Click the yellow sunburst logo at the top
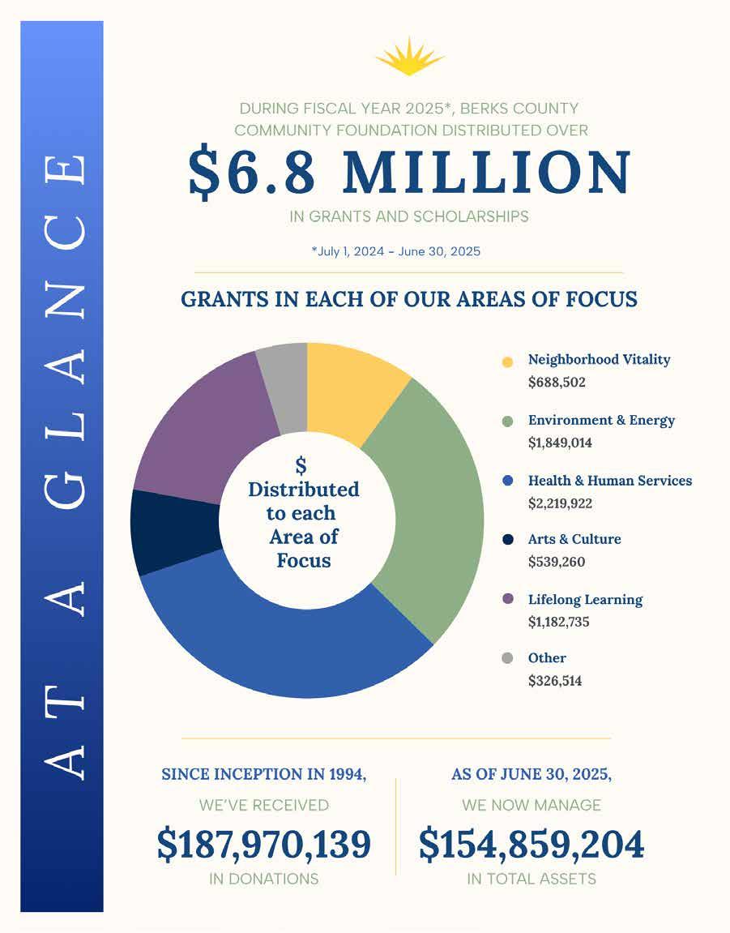click(410, 58)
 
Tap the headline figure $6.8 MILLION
click(409, 173)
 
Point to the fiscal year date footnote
click(395, 251)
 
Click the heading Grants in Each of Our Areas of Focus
click(409, 299)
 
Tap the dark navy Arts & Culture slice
click(175, 531)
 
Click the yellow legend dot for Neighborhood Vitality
click(508, 362)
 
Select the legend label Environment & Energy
click(601, 420)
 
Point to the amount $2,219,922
click(560, 503)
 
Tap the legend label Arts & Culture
click(574, 539)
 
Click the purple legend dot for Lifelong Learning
click(508, 599)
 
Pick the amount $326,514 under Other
click(555, 681)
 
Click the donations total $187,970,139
click(264, 845)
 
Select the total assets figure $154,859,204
click(531, 845)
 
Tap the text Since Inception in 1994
click(264, 774)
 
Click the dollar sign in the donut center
click(301, 465)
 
